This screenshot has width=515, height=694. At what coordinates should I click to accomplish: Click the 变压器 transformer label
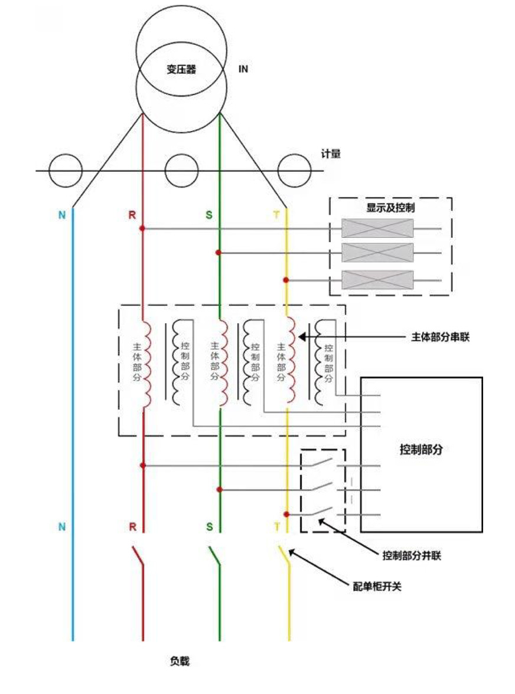click(181, 70)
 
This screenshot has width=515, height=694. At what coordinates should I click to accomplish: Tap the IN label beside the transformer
click(243, 69)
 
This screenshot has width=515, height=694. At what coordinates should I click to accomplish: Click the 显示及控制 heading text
click(390, 207)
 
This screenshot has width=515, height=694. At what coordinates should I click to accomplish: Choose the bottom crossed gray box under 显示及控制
click(378, 280)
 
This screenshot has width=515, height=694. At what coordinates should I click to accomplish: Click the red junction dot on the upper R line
click(142, 228)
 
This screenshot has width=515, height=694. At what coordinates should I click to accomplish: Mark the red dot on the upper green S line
click(219, 253)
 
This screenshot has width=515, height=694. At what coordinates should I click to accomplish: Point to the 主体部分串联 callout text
click(440, 338)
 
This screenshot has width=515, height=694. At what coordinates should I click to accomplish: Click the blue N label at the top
click(61, 215)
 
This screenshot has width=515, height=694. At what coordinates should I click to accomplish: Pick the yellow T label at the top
click(276, 215)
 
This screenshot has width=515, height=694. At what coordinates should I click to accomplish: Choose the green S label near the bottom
click(209, 526)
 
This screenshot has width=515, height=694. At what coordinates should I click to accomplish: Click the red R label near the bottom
click(132, 526)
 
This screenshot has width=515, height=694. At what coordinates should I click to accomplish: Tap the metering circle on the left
click(65, 171)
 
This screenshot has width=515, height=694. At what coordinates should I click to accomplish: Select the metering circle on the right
click(294, 171)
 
